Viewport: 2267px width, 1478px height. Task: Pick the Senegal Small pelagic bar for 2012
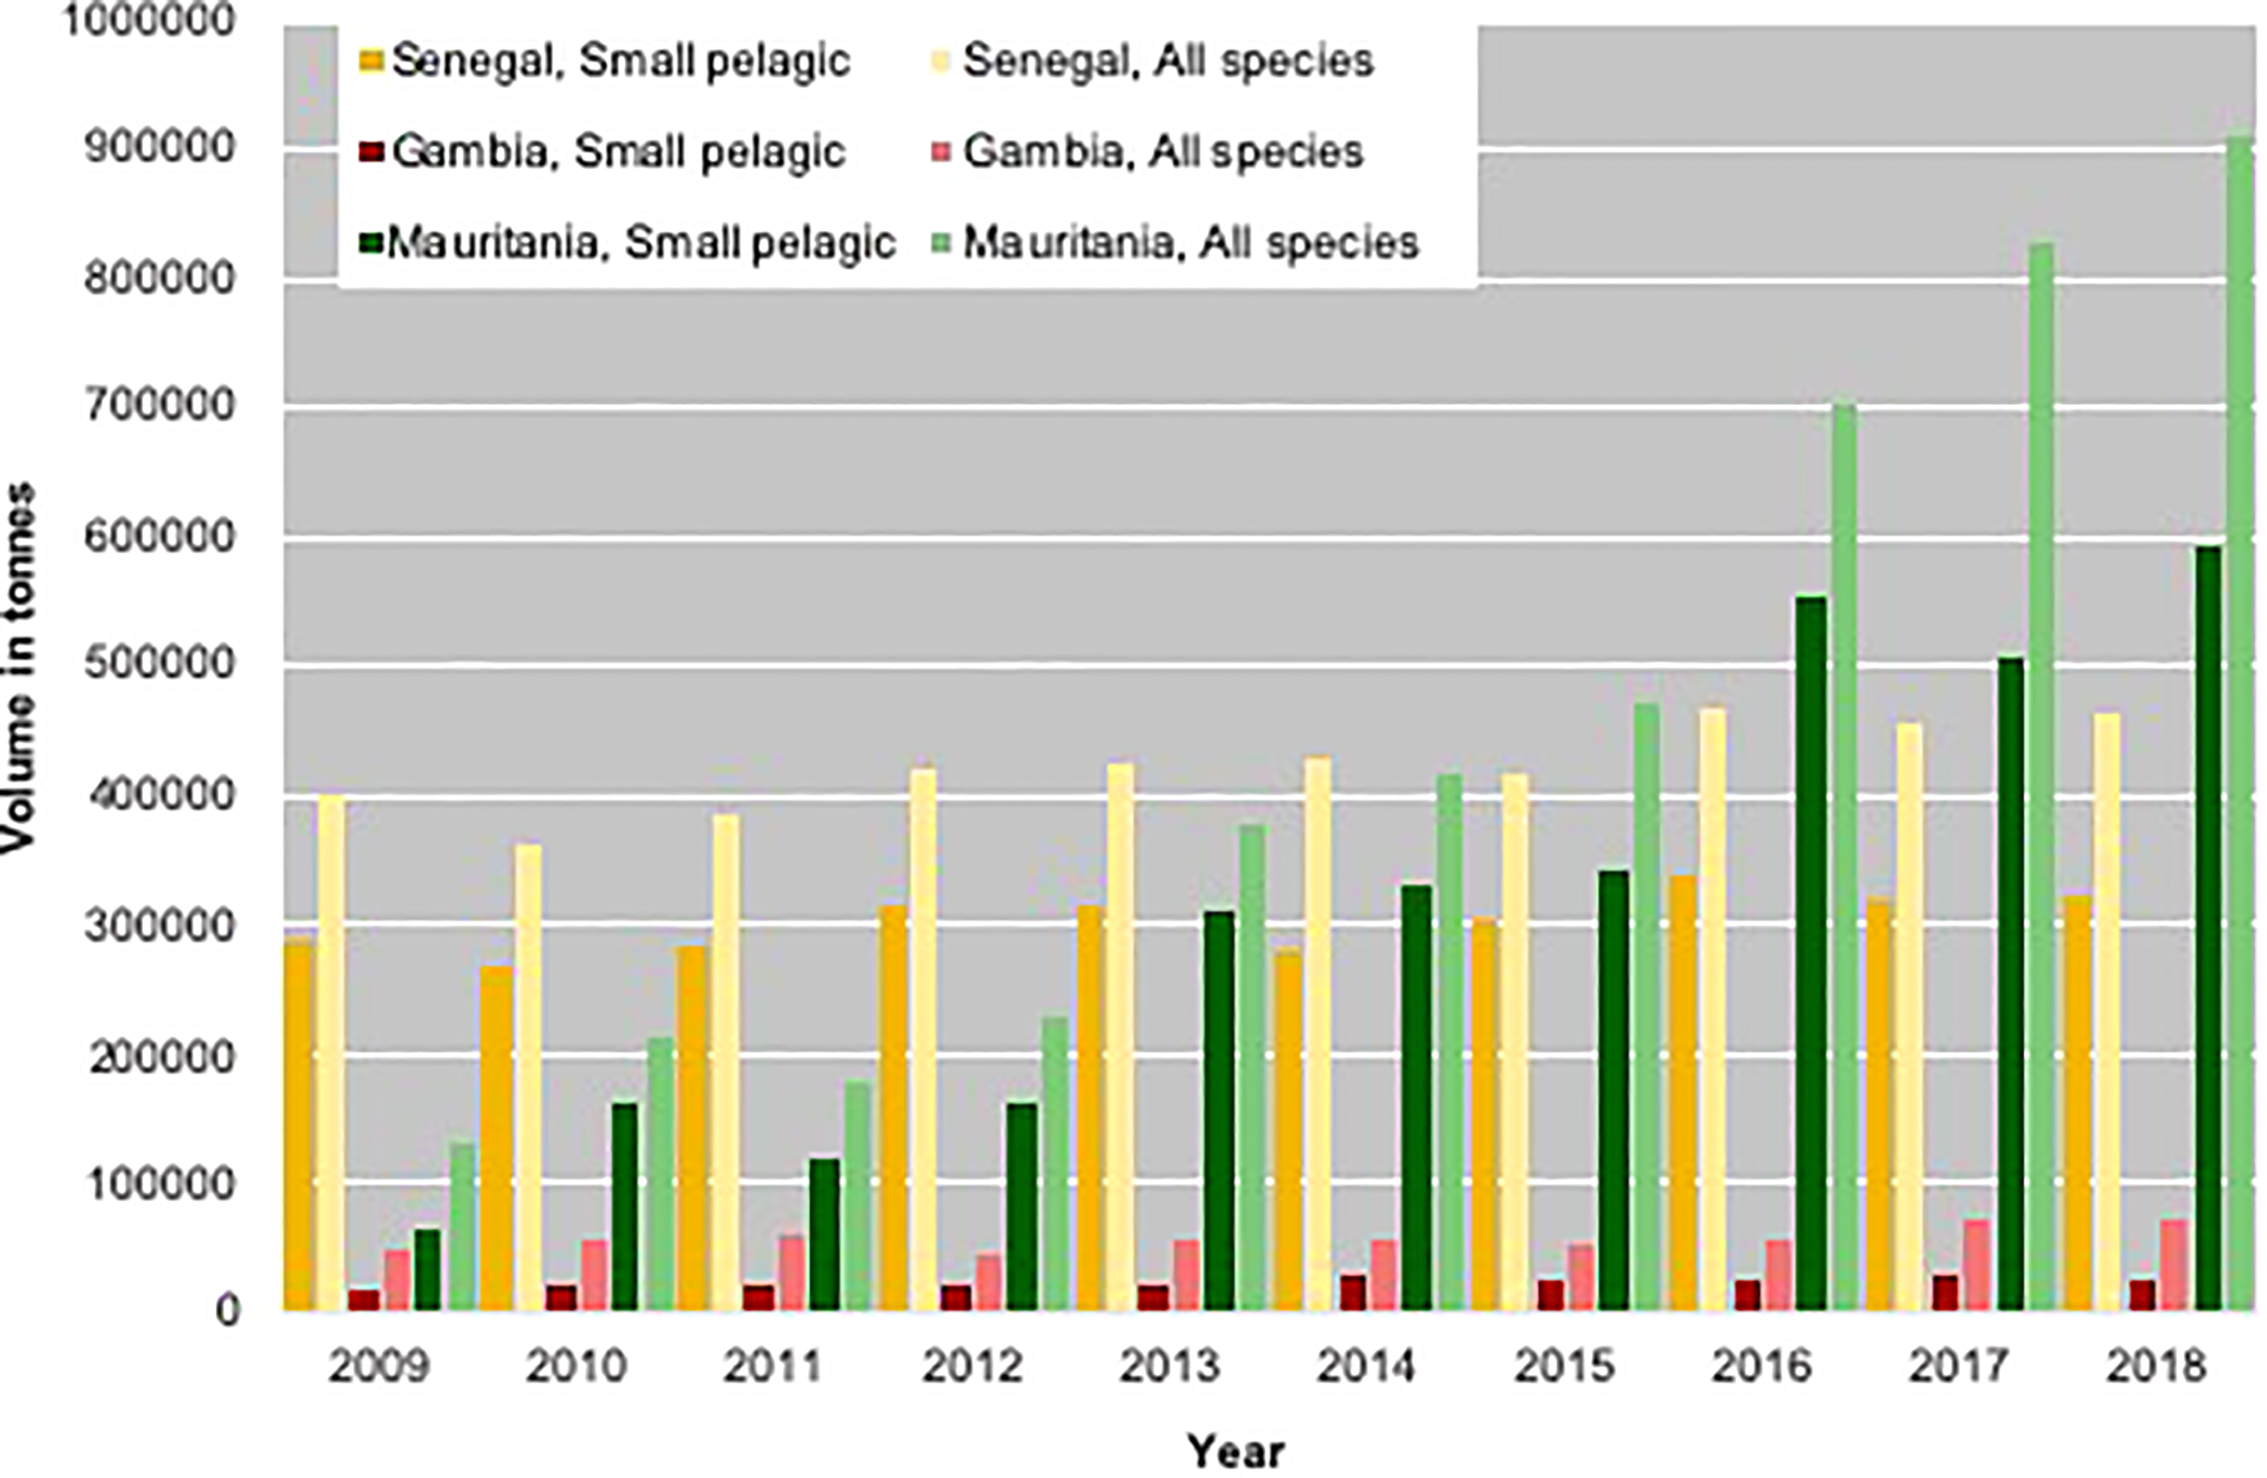click(x=893, y=1108)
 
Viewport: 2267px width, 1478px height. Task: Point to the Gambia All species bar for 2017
click(x=1976, y=1265)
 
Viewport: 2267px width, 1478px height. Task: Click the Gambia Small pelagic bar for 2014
click(x=1353, y=1292)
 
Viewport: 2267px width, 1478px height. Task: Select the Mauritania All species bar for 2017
click(x=2041, y=777)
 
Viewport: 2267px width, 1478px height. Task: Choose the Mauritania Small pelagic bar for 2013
click(x=1220, y=1110)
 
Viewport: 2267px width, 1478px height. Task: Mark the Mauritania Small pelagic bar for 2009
click(x=427, y=1269)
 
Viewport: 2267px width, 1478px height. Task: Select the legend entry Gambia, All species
click(x=1162, y=152)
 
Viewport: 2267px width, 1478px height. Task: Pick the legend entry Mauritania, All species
click(x=1190, y=243)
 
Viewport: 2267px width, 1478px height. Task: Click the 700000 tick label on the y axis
click(x=158, y=407)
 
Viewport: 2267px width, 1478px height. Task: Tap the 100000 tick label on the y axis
click(x=158, y=1185)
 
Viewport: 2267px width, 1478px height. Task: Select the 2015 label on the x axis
click(x=1564, y=1366)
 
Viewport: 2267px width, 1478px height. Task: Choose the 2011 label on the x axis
click(x=774, y=1366)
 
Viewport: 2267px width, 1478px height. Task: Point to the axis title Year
click(x=1235, y=1451)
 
